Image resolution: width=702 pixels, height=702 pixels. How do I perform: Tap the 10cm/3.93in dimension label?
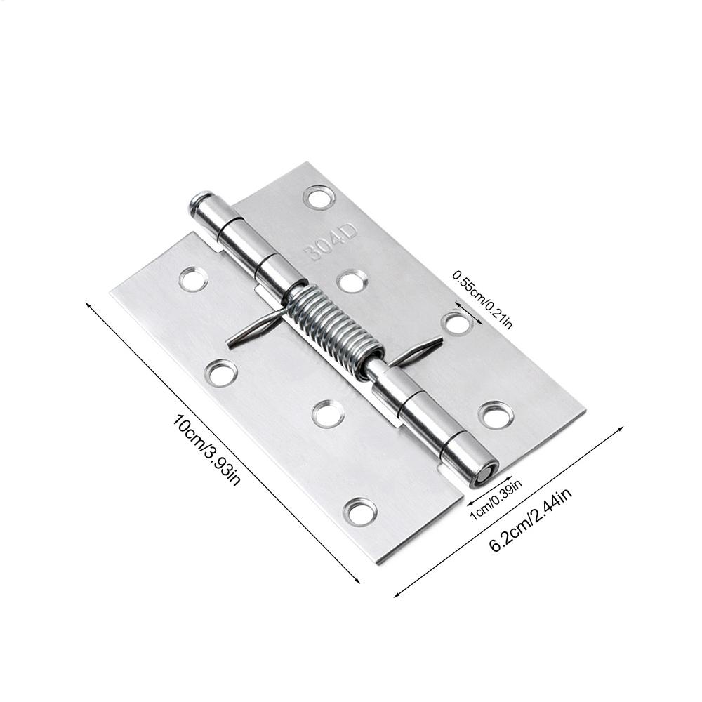208,450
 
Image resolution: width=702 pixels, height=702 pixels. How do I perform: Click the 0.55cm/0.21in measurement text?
483,299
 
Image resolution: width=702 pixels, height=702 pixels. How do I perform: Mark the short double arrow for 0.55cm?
468,313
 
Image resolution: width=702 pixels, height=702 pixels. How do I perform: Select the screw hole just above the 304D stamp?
319,197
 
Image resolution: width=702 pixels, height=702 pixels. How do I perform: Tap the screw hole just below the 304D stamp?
351,282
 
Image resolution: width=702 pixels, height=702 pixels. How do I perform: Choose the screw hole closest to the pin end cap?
496,415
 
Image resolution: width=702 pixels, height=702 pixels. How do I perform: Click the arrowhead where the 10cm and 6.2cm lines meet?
395,595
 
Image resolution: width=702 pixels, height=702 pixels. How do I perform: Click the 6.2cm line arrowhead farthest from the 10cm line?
622,426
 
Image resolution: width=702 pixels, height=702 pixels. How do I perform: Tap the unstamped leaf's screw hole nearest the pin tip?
193,279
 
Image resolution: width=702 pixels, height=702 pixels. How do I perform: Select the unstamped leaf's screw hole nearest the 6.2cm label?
361,512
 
